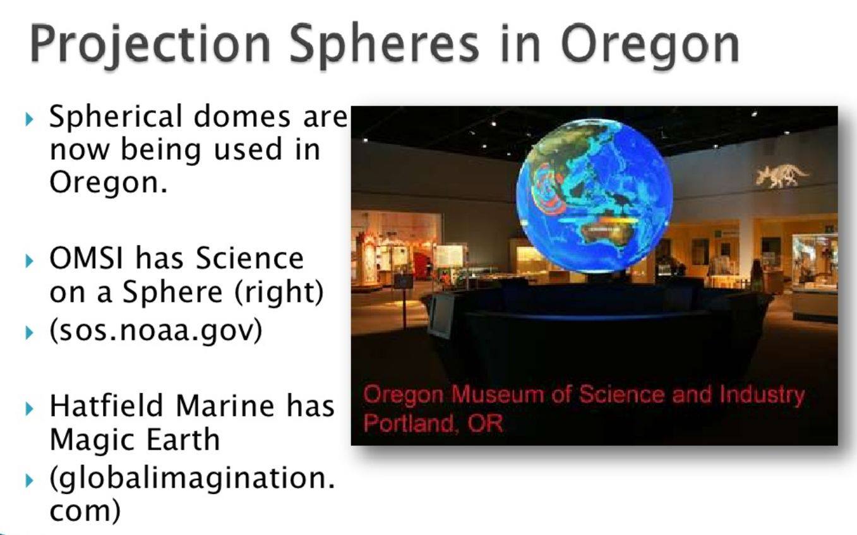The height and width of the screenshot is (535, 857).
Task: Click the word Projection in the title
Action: [x=150, y=45]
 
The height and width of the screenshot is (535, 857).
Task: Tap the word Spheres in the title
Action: [x=384, y=45]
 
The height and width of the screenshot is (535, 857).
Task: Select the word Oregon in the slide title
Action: [x=650, y=45]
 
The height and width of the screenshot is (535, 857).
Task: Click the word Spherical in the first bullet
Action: [x=116, y=117]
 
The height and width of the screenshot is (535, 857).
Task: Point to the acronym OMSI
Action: [x=87, y=258]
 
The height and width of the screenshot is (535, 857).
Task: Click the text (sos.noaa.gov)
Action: [x=156, y=330]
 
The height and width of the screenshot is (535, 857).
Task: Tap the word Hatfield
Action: [x=106, y=406]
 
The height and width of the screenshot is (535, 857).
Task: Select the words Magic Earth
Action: [x=135, y=440]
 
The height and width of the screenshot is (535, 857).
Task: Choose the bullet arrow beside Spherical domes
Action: [x=29, y=119]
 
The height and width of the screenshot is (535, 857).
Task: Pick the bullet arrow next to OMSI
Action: [x=29, y=261]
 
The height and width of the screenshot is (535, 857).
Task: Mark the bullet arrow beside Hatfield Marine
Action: [x=29, y=409]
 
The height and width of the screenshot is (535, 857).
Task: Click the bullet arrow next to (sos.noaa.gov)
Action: [x=29, y=333]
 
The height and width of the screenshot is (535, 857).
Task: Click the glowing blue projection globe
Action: [x=594, y=195]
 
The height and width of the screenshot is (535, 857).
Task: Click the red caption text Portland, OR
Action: [x=433, y=423]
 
